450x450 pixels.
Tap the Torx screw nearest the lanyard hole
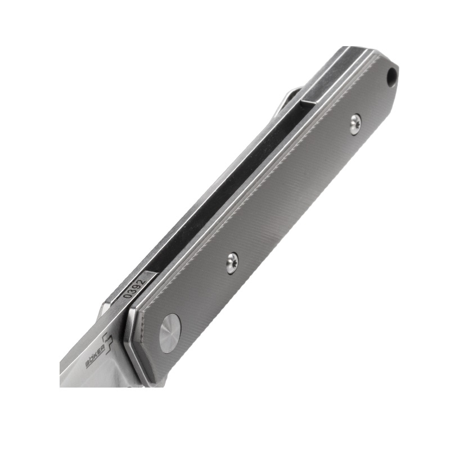355,123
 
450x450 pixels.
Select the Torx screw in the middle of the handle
232,263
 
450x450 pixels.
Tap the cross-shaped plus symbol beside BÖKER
106,341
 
